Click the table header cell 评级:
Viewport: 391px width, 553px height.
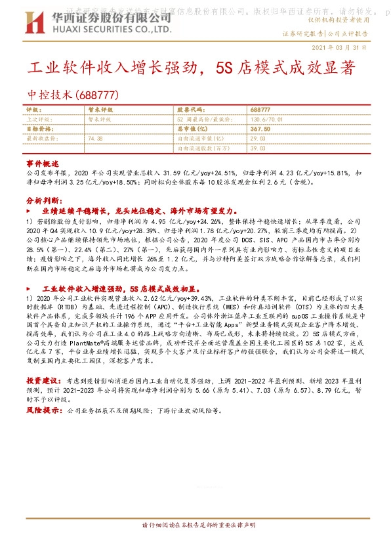[33, 109]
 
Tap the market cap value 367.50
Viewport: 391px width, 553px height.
[260, 129]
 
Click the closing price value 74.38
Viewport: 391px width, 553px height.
[94, 139]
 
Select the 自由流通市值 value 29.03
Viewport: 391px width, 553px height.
[257, 139]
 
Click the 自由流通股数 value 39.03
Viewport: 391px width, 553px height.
[257, 149]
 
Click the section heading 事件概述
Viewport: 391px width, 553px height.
[43, 163]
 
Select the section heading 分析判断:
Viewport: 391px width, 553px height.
[44, 200]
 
